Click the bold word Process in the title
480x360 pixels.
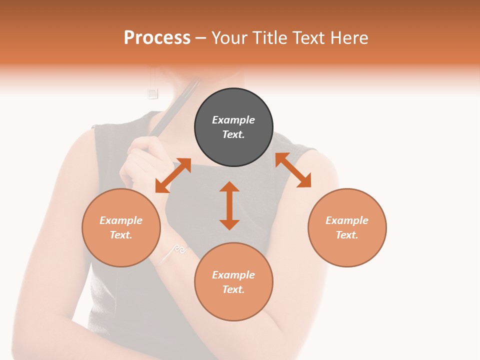pos(157,38)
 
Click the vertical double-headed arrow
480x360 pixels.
pos(229,205)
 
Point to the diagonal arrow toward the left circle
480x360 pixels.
pos(173,175)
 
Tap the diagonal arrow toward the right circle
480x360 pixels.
pos(293,170)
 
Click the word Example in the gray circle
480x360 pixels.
pos(233,120)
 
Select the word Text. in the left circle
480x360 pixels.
pos(121,235)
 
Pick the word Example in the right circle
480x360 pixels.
pos(347,220)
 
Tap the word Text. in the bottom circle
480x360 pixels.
pos(233,289)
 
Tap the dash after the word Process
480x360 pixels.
pos(201,38)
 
